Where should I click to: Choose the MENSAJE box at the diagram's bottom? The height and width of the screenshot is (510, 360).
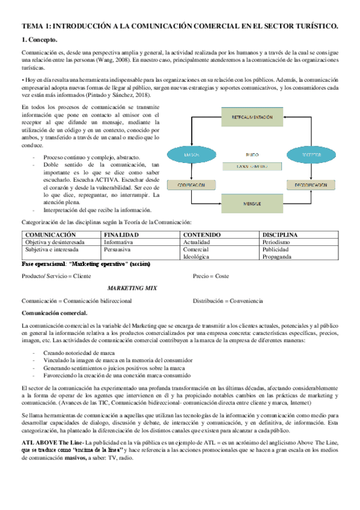click(252, 204)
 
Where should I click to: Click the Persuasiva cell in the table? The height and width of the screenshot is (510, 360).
click(119, 248)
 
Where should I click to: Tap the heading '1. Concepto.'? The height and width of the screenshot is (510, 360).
click(40, 40)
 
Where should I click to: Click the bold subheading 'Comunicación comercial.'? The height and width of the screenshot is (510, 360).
click(54, 313)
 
